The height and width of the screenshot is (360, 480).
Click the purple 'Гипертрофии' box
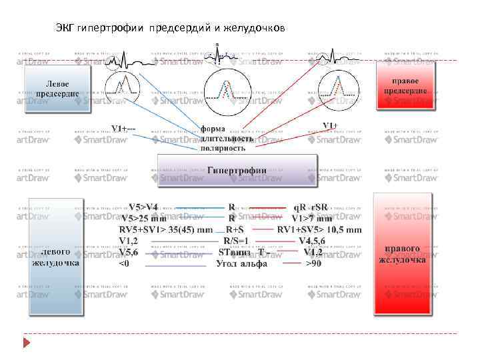[x=237, y=171]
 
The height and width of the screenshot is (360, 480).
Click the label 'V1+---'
[x=124, y=128]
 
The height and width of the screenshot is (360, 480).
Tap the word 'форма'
[x=213, y=129]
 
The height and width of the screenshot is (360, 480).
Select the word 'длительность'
[x=226, y=139]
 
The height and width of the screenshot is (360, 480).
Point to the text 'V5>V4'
[x=143, y=207]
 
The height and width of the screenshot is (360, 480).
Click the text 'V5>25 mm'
[x=144, y=218]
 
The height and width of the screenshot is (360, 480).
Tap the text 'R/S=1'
[x=236, y=241]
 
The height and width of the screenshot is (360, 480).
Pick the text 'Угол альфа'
[x=241, y=263]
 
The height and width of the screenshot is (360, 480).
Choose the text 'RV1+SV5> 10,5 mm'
[x=319, y=229]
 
